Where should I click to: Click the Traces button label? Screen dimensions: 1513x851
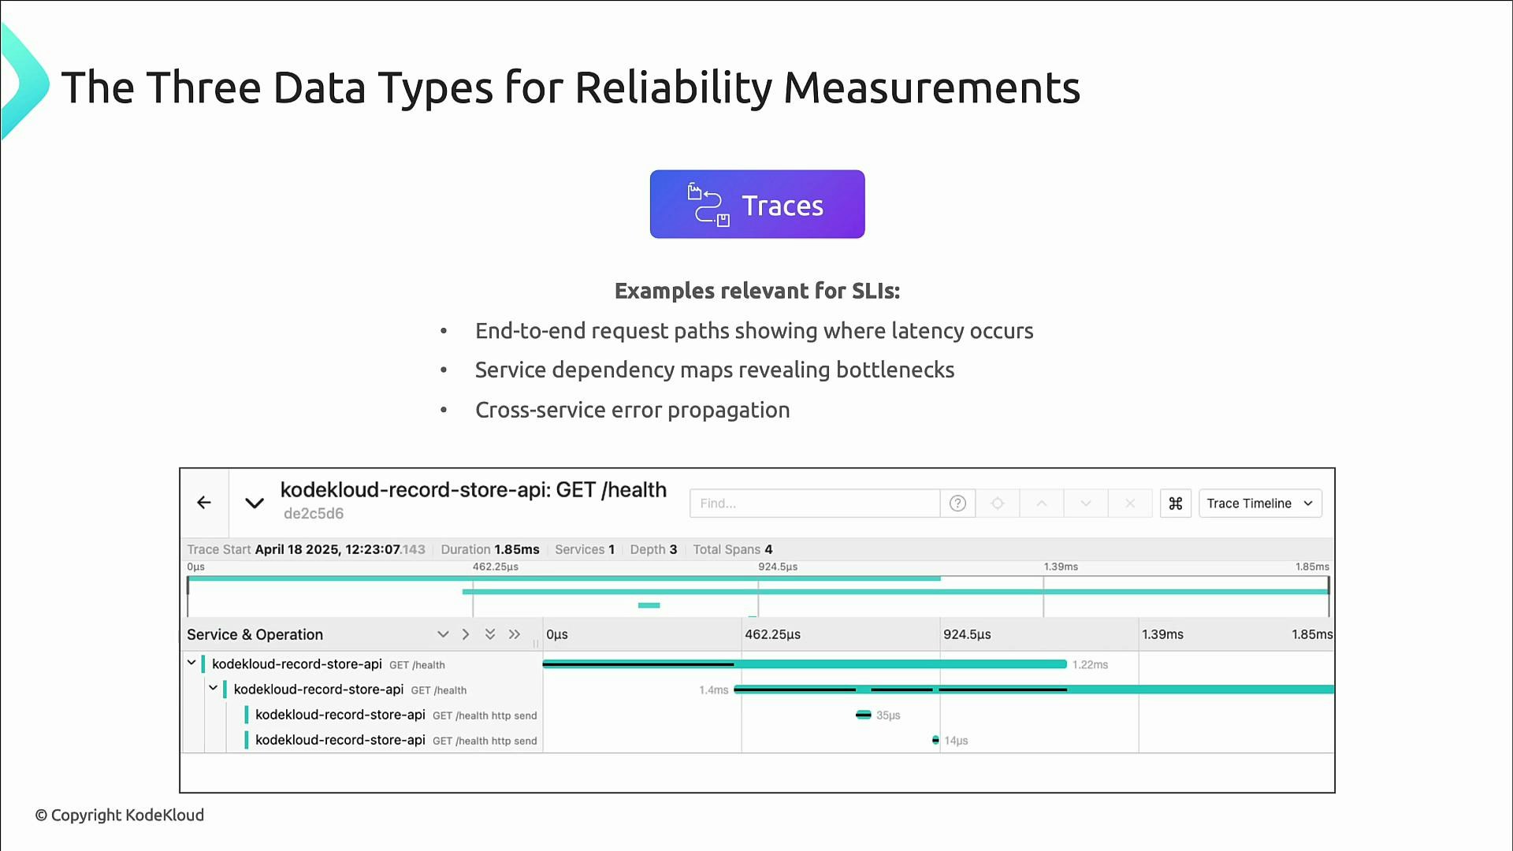[782, 206]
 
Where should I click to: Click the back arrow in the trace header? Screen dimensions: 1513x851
[204, 503]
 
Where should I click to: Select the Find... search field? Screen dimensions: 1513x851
[814, 504]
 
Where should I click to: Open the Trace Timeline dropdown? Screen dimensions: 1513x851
[1259, 504]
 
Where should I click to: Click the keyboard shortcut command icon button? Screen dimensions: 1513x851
[1175, 504]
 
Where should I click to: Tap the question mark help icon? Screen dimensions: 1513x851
[957, 504]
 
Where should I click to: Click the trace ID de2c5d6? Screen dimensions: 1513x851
[314, 514]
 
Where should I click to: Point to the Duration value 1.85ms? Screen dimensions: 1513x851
[517, 549]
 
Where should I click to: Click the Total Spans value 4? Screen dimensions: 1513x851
[768, 549]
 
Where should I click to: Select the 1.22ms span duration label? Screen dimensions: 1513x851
[1090, 665]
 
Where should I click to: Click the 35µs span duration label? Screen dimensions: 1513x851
[888, 715]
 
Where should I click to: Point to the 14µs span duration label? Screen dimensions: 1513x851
[956, 741]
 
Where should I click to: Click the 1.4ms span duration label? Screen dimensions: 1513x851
[713, 690]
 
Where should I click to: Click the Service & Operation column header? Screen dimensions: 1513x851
[255, 634]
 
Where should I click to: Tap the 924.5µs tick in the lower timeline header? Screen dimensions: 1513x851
[967, 634]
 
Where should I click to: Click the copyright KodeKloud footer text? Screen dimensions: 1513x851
[120, 815]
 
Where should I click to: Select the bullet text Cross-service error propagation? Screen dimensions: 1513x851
[632, 411]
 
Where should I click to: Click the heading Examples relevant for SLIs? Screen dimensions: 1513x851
[756, 291]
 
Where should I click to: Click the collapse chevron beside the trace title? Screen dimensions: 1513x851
[254, 503]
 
